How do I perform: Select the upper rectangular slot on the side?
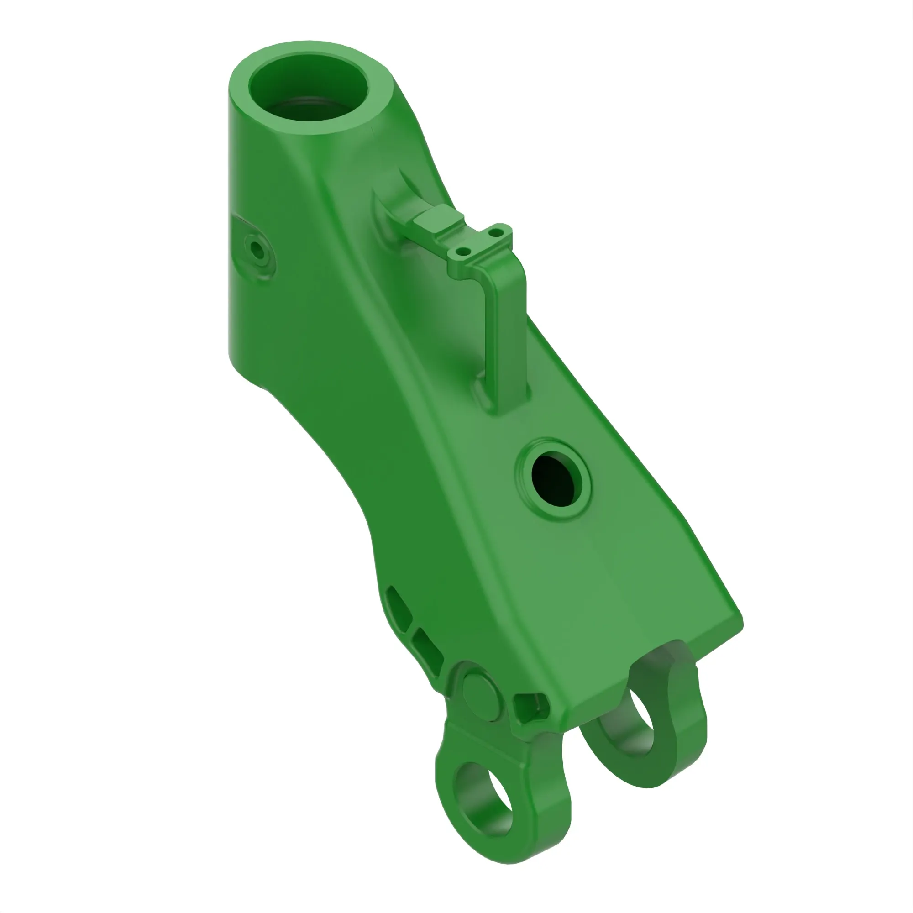(399, 609)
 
